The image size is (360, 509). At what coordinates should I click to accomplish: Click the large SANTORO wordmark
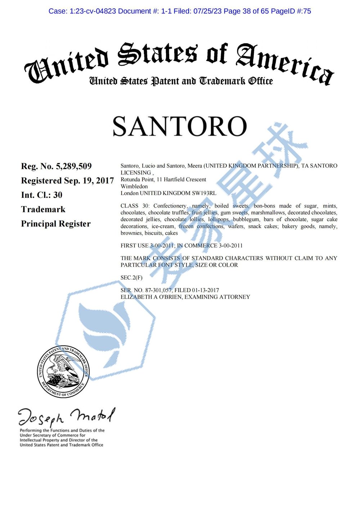[180, 127]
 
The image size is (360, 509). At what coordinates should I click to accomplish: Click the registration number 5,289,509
[73, 166]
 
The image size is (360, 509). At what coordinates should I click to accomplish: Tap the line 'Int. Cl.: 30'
[41, 195]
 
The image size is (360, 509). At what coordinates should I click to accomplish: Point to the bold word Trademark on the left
[43, 209]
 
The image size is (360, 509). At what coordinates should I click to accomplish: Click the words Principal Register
[56, 224]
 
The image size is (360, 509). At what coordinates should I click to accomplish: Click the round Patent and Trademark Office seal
[63, 372]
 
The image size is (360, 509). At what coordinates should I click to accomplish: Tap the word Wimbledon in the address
[134, 186]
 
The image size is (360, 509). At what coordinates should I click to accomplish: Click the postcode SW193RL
[204, 193]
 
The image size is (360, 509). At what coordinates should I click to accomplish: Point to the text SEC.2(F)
[131, 278]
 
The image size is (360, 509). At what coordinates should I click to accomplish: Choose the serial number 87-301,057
[158, 290]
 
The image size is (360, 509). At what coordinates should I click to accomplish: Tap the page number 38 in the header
[246, 11]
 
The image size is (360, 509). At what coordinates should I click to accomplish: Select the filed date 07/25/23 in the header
[208, 11]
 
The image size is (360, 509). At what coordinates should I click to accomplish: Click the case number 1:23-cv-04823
[90, 11]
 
